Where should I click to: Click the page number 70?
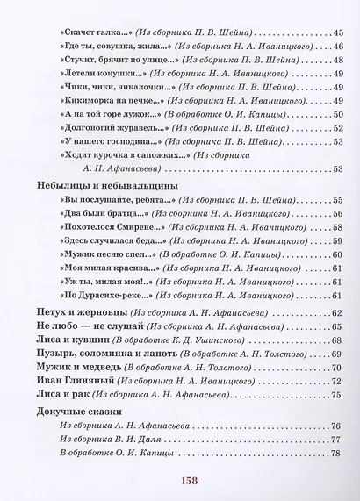pyautogui.click(x=335, y=367)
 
